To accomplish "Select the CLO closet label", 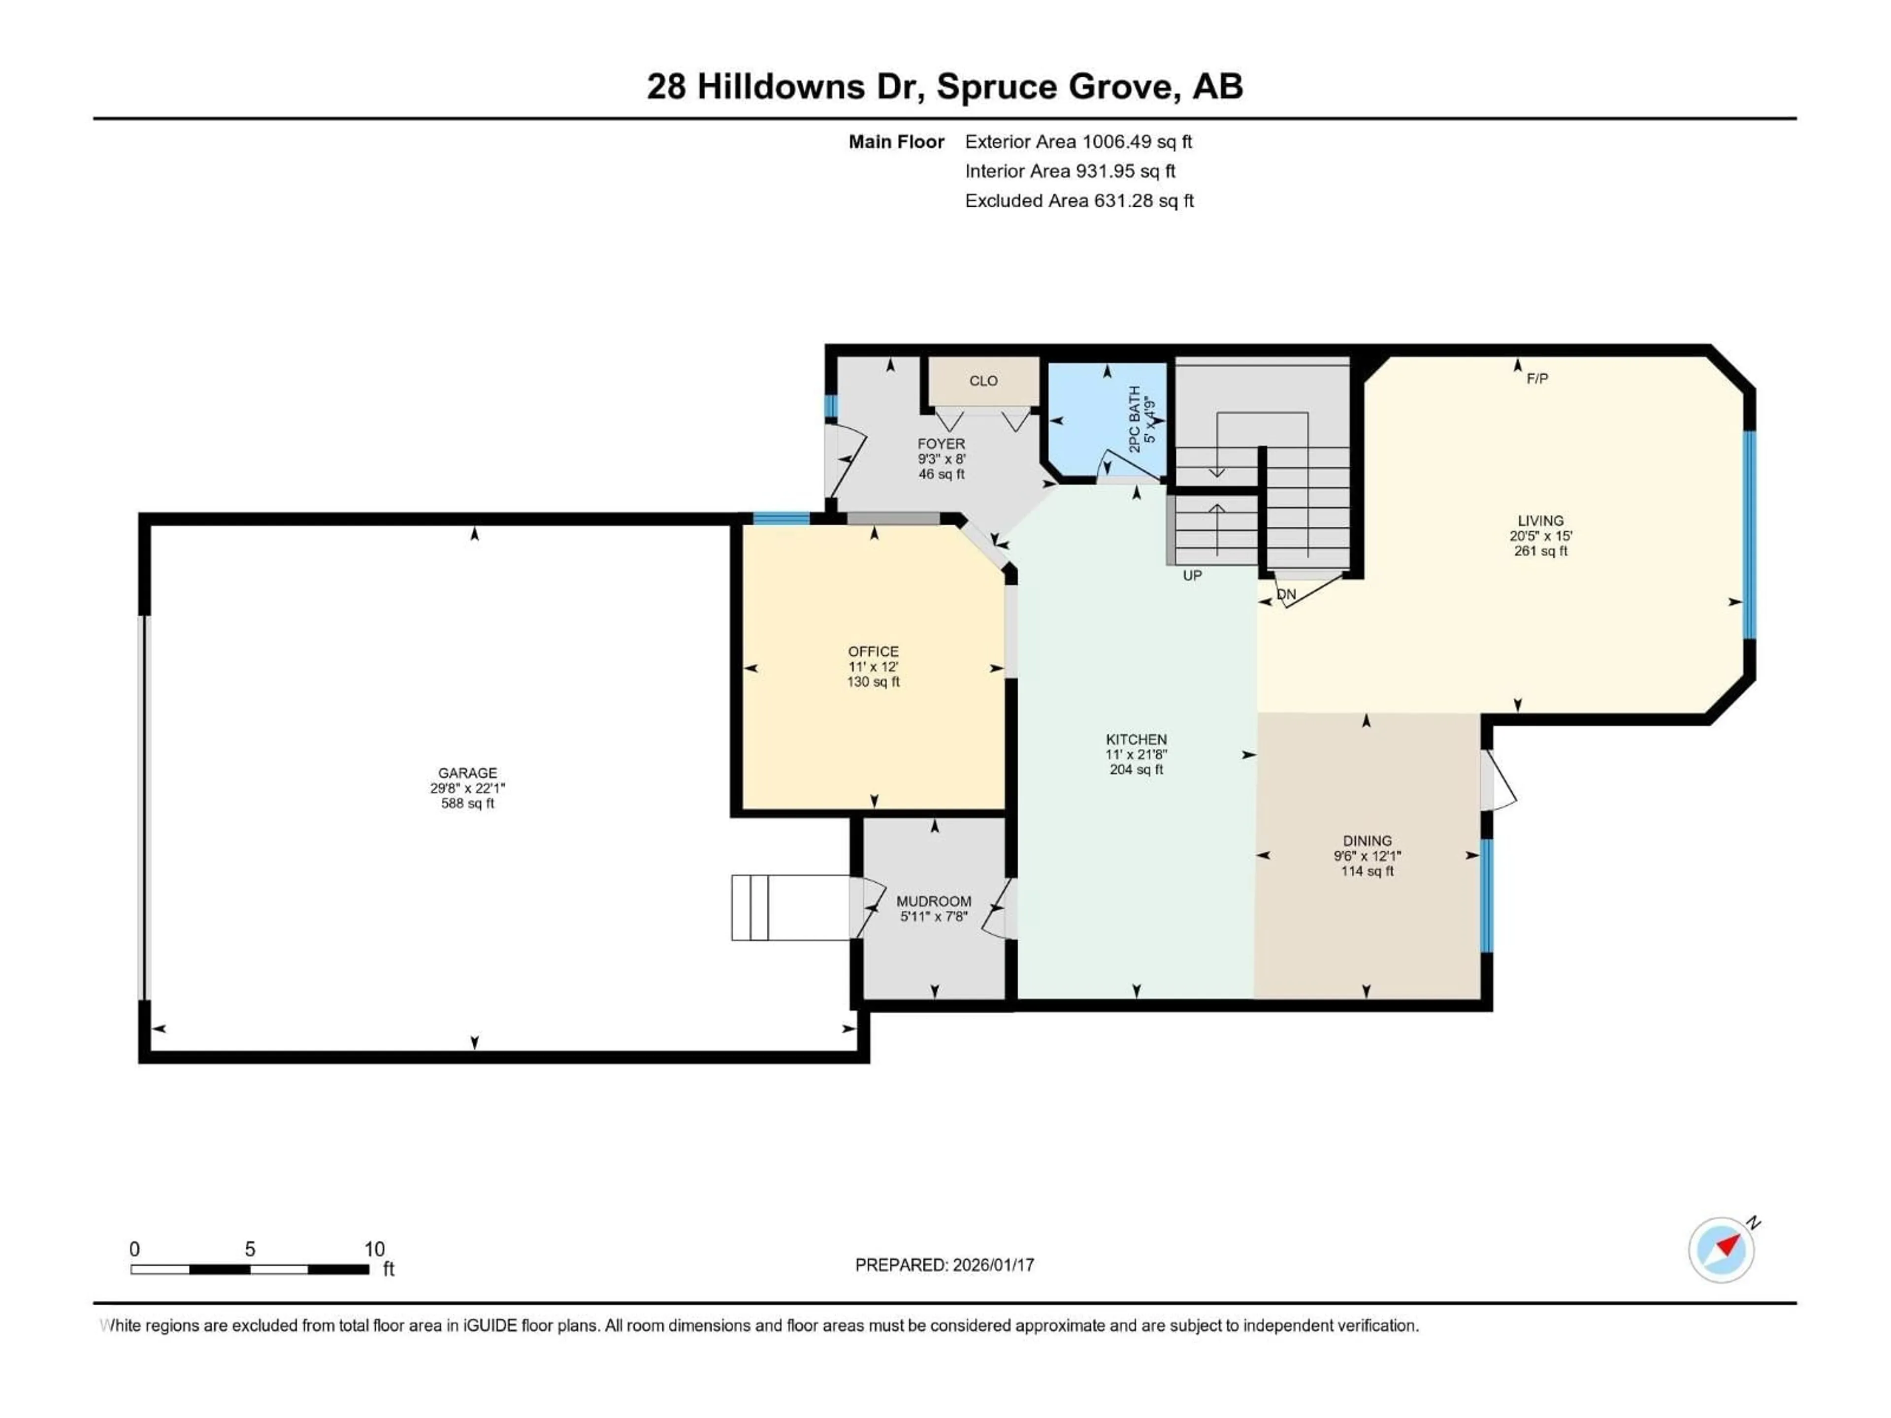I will pyautogui.click(x=983, y=381).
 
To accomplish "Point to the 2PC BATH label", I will pyautogui.click(x=1135, y=419).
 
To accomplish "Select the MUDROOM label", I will pyautogui.click(x=934, y=901).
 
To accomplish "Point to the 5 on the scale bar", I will pyautogui.click(x=250, y=1249).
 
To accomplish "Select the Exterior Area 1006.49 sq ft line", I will pyautogui.click(x=1078, y=142).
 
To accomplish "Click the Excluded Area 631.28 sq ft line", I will pyautogui.click(x=1079, y=201).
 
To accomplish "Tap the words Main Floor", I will pyautogui.click(x=896, y=142).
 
